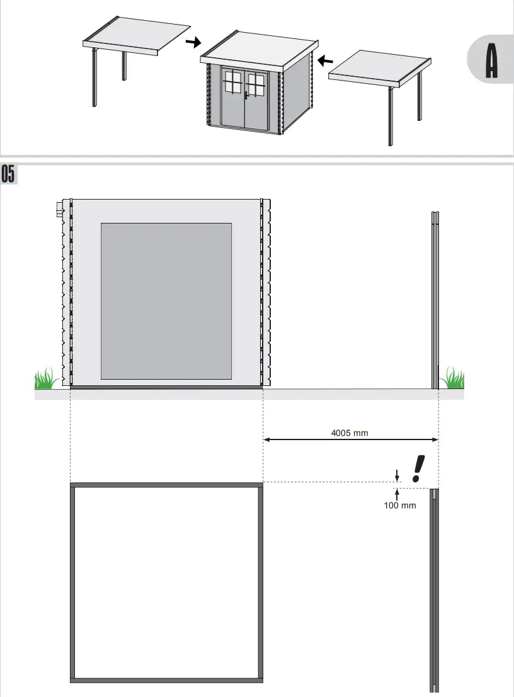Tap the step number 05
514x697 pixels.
point(8,174)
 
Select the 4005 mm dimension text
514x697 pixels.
point(350,433)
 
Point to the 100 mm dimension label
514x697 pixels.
point(400,505)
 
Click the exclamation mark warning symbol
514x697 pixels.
point(417,470)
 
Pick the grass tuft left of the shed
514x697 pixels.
point(46,379)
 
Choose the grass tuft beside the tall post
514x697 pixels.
point(452,379)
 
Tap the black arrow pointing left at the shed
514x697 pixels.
point(324,61)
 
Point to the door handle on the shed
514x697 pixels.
point(246,96)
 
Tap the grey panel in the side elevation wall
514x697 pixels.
point(166,300)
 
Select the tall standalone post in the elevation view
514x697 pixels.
point(435,299)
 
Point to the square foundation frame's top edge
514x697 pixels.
point(166,485)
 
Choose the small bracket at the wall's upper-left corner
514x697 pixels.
point(60,208)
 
